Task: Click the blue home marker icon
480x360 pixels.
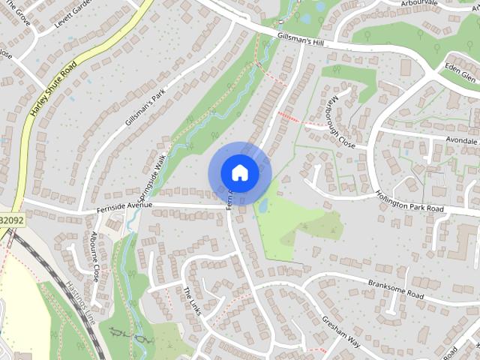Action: coord(239,172)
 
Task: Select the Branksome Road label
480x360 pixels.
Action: coord(396,291)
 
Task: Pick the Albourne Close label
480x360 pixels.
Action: coord(94,255)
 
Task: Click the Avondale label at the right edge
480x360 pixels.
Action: coord(460,140)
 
